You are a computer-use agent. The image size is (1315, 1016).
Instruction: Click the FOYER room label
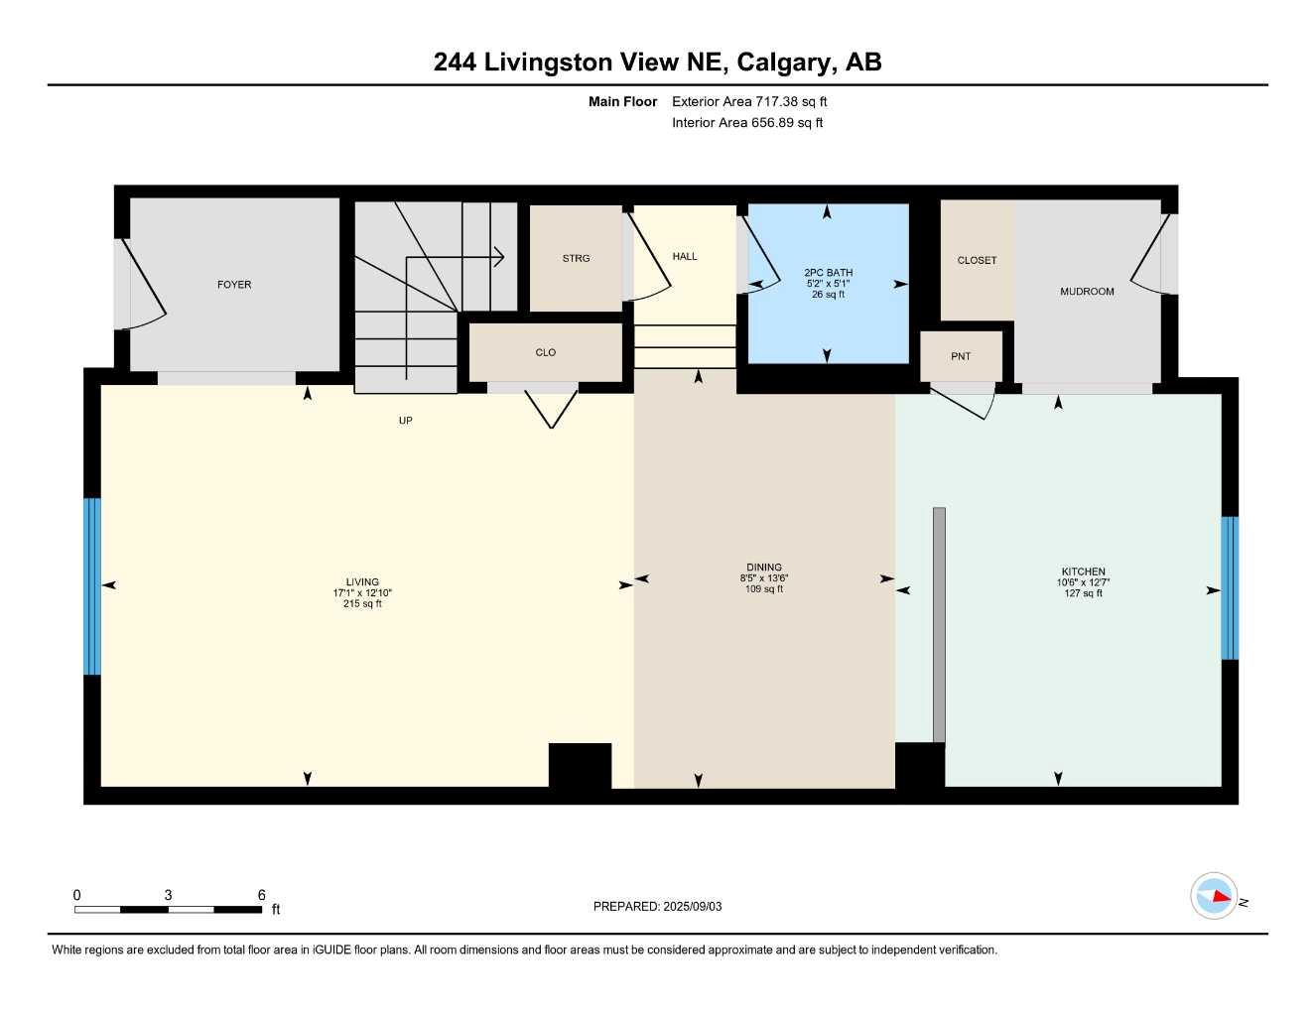pyautogui.click(x=234, y=285)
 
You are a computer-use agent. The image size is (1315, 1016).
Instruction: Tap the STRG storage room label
pyautogui.click(x=576, y=258)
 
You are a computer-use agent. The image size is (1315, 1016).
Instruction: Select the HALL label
pyautogui.click(x=685, y=256)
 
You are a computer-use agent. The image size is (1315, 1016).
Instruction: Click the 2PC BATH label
pyautogui.click(x=828, y=273)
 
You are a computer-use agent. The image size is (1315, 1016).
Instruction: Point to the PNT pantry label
pyautogui.click(x=961, y=356)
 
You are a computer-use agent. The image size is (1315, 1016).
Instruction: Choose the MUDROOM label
pyautogui.click(x=1087, y=292)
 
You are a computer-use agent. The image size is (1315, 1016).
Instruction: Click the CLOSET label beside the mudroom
pyautogui.click(x=977, y=260)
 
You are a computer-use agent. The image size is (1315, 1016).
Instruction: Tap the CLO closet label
pyautogui.click(x=546, y=352)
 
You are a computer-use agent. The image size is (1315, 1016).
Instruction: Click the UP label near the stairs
pyautogui.click(x=405, y=421)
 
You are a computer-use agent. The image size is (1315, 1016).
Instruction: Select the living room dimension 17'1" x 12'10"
pyautogui.click(x=362, y=593)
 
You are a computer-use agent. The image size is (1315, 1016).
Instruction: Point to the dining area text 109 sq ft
pyautogui.click(x=764, y=589)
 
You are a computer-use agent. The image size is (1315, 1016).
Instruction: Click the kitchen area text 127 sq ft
pyautogui.click(x=1084, y=593)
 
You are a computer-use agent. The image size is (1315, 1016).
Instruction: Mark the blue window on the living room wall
pyautogui.click(x=92, y=585)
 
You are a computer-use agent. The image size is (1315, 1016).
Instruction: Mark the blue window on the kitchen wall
pyautogui.click(x=1230, y=587)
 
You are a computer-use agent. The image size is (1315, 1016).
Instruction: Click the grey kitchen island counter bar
pyautogui.click(x=939, y=625)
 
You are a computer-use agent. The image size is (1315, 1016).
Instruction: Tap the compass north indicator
pyautogui.click(x=1216, y=896)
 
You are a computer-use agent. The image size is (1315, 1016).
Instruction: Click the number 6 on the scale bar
pyautogui.click(x=262, y=895)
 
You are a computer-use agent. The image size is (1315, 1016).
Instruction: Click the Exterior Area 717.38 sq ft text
pyautogui.click(x=749, y=101)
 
